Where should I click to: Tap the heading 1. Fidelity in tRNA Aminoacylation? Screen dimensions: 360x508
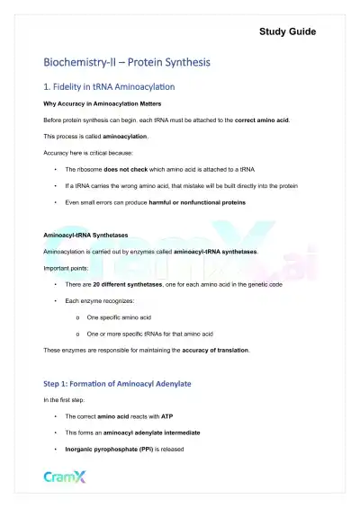tap(109, 88)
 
